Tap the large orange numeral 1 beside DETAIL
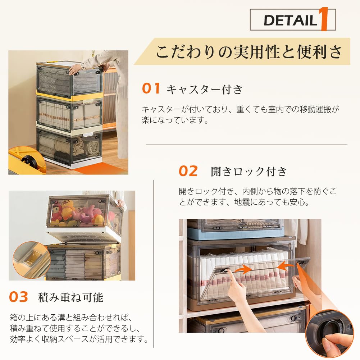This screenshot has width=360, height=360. point(322,20)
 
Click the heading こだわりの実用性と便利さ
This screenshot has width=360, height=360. point(249,51)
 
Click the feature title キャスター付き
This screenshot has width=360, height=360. point(205,89)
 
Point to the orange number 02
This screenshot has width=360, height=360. point(188,171)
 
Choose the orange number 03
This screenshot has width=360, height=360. point(18,297)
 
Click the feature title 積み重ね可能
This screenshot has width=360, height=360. point(70,297)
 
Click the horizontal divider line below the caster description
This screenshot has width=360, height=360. point(246,145)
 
